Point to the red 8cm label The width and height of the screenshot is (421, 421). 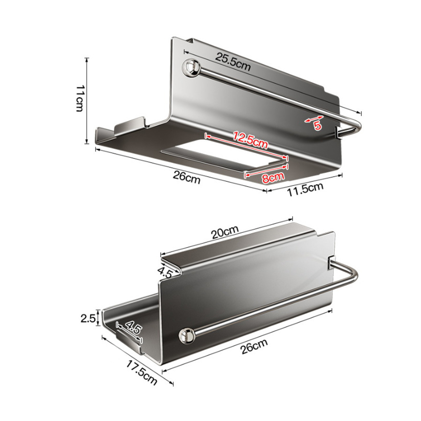pos(273,178)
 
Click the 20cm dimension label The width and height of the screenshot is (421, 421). pos(225,232)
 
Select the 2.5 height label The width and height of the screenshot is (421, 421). pos(88,319)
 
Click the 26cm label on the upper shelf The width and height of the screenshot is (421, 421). pos(187,178)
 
